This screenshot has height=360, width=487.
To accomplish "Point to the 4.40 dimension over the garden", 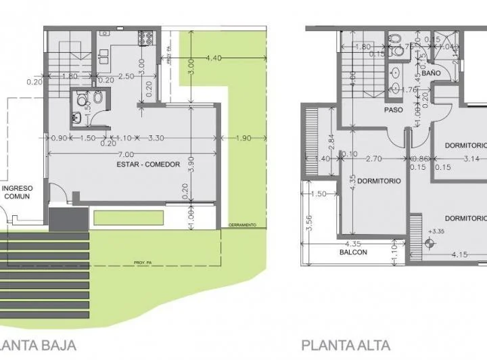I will click(214, 58).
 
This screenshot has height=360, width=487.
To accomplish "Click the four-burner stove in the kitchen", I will click(146, 38).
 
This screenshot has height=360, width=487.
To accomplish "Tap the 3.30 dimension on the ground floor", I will click(157, 138).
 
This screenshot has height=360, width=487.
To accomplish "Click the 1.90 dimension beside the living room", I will click(243, 138).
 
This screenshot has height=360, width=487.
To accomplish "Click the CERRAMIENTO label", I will click(242, 225).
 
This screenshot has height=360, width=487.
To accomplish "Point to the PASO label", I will click(394, 110).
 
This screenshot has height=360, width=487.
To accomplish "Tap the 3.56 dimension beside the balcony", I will click(308, 223).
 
